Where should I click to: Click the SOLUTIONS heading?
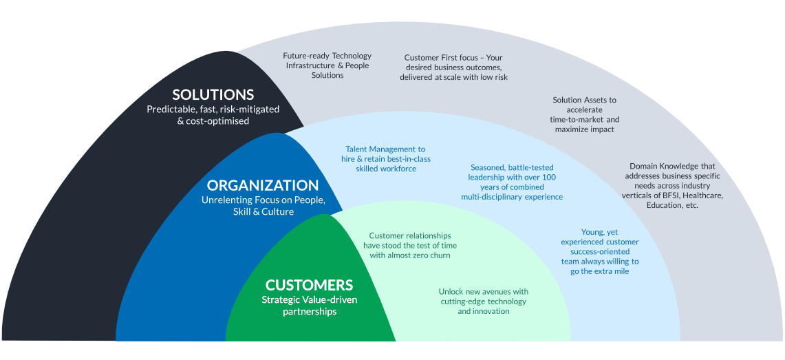pyautogui.click(x=213, y=95)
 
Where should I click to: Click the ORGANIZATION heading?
pyautogui.click(x=263, y=185)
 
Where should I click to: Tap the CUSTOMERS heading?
pyautogui.click(x=309, y=285)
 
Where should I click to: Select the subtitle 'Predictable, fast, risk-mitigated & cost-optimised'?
pyautogui.click(x=213, y=115)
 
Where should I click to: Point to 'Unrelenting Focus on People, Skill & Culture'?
pyautogui.click(x=263, y=206)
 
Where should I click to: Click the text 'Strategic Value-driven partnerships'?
pyautogui.click(x=309, y=305)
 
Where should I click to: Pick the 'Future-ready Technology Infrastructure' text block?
pyautogui.click(x=327, y=65)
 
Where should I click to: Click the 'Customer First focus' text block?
pyautogui.click(x=453, y=67)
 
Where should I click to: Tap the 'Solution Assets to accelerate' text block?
pyautogui.click(x=585, y=114)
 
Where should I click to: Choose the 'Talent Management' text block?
pyautogui.click(x=386, y=159)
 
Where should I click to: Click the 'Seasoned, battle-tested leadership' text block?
pyautogui.click(x=512, y=182)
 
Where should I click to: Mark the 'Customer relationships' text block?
pyautogui.click(x=410, y=246)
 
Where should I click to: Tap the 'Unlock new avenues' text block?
pyautogui.click(x=484, y=301)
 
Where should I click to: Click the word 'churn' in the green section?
pyautogui.click(x=439, y=255)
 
